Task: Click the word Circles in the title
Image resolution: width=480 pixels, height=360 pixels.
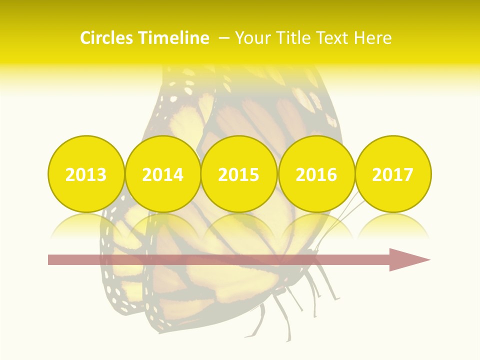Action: coord(107,38)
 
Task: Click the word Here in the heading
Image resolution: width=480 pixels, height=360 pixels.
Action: coord(372,38)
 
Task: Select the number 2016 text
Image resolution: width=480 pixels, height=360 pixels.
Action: coord(316,175)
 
